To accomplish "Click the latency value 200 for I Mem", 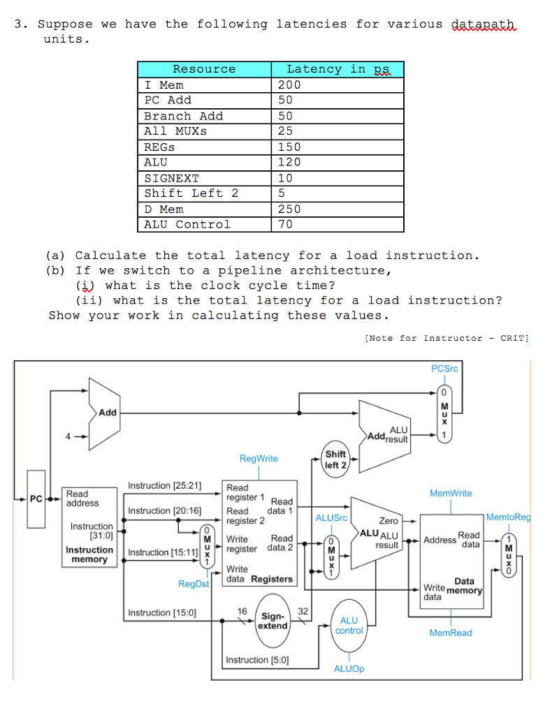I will click(x=289, y=84).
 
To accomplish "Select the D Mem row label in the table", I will click(x=164, y=209).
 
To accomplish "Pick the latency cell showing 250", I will click(x=289, y=209).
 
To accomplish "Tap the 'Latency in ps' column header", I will click(x=336, y=69).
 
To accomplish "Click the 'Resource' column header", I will click(x=204, y=69).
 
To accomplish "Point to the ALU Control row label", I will click(x=187, y=224).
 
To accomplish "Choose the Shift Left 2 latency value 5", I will click(x=282, y=193).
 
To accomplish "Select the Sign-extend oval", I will click(x=273, y=621).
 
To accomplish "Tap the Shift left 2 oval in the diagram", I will click(x=335, y=459).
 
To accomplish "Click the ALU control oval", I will click(x=349, y=625).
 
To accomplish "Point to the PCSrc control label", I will click(x=444, y=368).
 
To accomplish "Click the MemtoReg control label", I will click(x=508, y=517).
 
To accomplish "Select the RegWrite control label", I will click(x=259, y=459).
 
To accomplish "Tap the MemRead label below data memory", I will click(x=451, y=633).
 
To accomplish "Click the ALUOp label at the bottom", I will click(x=349, y=669).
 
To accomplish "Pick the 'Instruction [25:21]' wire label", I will click(x=165, y=485).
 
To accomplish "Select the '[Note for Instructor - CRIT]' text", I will click(x=447, y=338).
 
